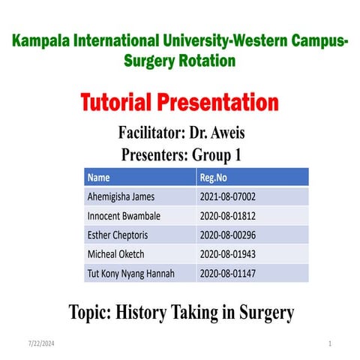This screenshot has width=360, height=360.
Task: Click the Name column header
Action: pyautogui.click(x=99, y=178)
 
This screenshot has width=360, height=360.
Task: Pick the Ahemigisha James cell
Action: pyautogui.click(x=123, y=197)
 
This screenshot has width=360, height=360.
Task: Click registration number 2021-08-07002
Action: pyautogui.click(x=229, y=197)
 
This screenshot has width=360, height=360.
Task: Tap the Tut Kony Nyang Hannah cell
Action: pyautogui.click(x=131, y=273)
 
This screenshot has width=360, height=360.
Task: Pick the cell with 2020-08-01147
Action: pyautogui.click(x=229, y=273)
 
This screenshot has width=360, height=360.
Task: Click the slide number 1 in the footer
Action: pyautogui.click(x=330, y=343)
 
